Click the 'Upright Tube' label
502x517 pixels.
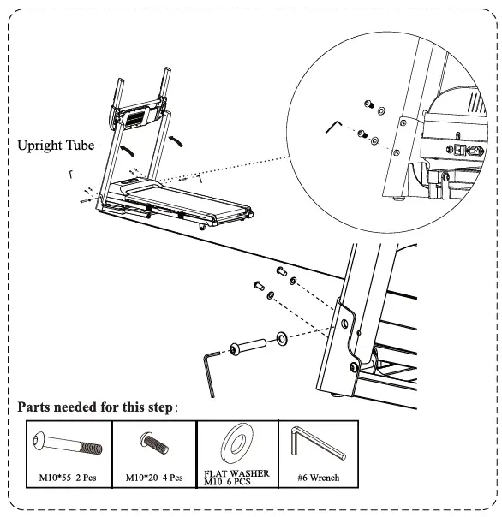56,146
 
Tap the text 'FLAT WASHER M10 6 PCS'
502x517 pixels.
236,476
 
